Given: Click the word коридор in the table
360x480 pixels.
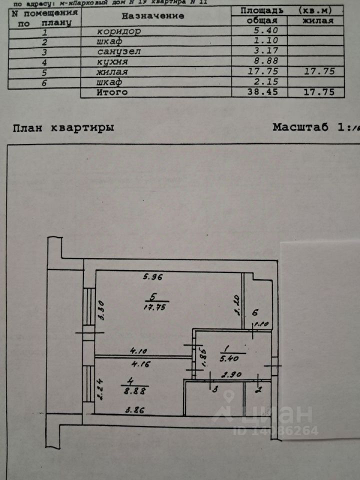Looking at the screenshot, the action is [119, 31].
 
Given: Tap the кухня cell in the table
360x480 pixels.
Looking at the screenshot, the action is [113, 62].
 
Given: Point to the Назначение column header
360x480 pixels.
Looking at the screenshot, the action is [153, 15].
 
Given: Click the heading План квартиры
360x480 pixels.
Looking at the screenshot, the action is [63, 127].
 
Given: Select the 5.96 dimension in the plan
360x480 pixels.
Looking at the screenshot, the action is [154, 276].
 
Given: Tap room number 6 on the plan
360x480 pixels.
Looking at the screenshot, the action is [254, 313].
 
